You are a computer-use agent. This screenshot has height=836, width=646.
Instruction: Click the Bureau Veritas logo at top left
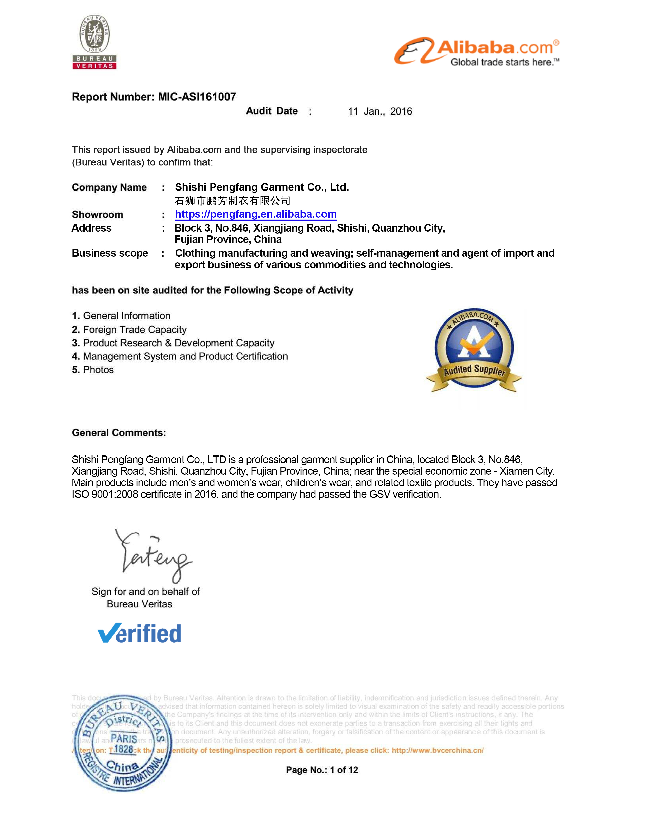(94, 42)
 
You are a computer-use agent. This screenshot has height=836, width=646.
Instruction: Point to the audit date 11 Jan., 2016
(380, 111)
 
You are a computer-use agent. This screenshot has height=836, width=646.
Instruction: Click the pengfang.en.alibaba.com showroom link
(256, 214)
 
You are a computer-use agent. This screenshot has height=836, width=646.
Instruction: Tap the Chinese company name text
(232, 201)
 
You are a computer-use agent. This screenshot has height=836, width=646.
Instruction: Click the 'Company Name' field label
(109, 187)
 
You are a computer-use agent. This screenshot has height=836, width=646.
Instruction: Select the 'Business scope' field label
(110, 253)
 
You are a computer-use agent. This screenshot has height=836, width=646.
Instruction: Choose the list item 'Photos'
(98, 370)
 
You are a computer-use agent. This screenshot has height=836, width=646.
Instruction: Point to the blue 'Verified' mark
(139, 634)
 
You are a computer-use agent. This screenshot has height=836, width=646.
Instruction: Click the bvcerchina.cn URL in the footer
(438, 750)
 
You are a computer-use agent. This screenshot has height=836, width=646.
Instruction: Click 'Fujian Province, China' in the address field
(228, 240)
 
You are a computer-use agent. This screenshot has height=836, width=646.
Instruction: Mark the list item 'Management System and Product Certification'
(185, 356)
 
